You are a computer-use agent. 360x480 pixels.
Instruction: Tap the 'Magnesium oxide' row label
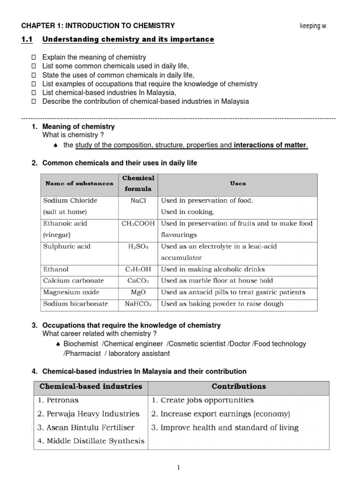[71, 292]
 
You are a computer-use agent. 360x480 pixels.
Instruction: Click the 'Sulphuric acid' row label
[67, 247]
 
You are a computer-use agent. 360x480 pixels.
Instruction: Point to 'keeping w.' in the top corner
[314, 26]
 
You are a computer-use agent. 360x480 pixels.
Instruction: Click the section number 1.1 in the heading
[27, 40]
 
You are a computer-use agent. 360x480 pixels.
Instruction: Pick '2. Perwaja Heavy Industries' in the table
[88, 414]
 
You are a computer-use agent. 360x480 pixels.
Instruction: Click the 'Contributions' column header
[239, 387]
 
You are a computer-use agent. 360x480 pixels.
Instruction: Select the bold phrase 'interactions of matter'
[270, 145]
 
